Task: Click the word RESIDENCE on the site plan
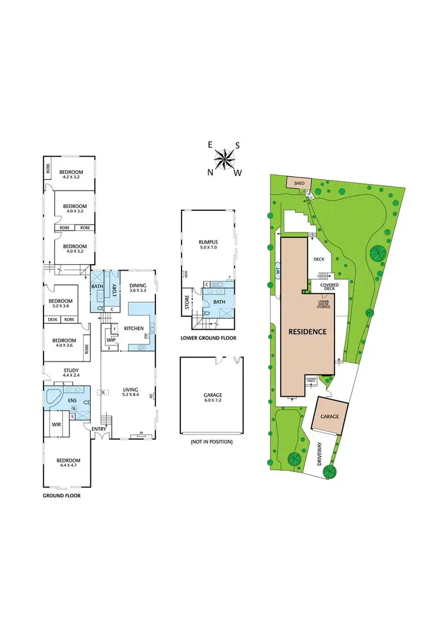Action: coord(308,331)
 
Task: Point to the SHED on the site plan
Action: coord(296,182)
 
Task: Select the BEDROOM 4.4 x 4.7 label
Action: coord(68,463)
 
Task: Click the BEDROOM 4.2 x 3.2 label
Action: coord(70,174)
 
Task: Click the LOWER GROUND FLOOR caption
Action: coord(208,338)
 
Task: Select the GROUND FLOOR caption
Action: coord(62,495)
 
